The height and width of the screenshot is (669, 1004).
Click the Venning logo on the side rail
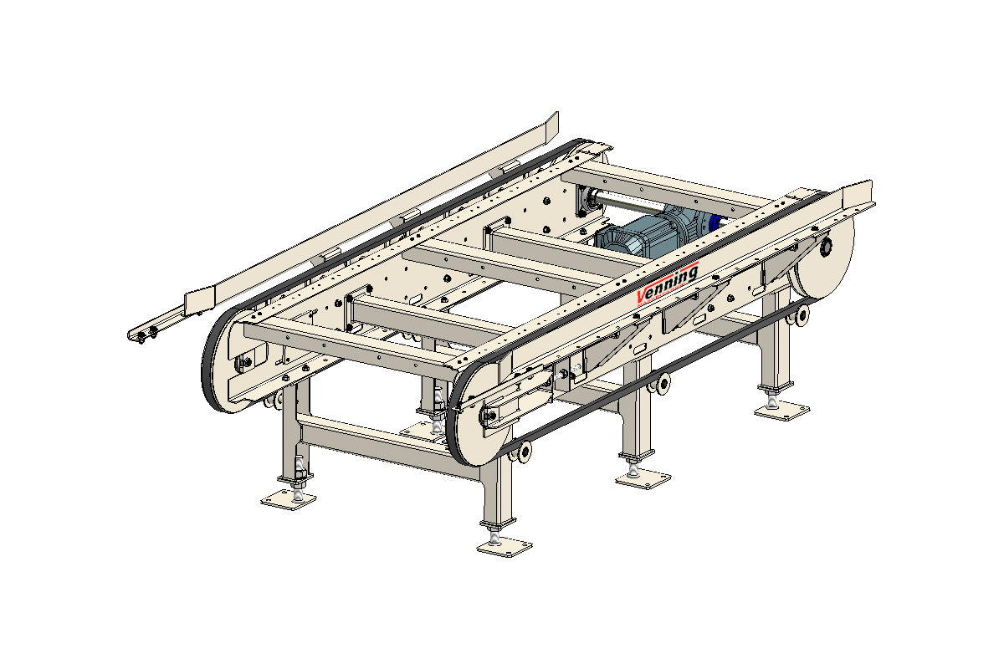pyautogui.click(x=668, y=284)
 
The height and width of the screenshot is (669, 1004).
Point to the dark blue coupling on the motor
pyautogui.click(x=716, y=221)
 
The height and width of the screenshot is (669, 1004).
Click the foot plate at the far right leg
pyautogui.click(x=781, y=411)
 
